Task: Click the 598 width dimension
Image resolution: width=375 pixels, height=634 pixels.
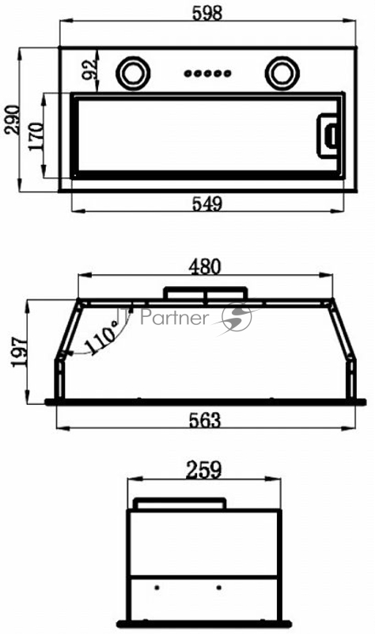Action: tap(207, 13)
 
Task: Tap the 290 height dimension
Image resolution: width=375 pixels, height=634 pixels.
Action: tap(12, 120)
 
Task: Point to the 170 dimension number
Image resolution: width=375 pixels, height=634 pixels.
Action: tap(36, 136)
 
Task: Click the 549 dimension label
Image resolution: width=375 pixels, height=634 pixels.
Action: tap(207, 204)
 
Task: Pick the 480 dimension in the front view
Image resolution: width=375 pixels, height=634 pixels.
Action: tap(206, 267)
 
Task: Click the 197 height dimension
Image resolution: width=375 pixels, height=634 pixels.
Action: tap(20, 352)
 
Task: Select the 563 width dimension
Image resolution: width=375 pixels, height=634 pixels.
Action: tap(205, 421)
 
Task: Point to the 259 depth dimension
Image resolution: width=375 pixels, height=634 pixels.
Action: tap(204, 470)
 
